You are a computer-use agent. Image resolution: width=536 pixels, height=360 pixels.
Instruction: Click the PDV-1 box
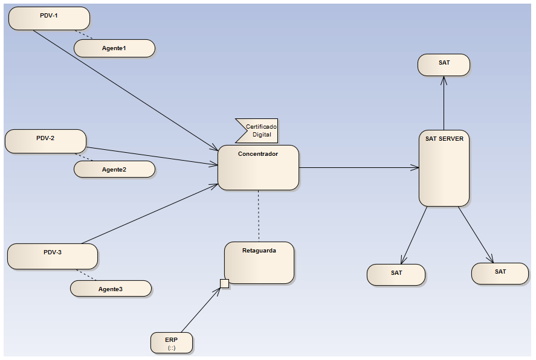click(49, 18)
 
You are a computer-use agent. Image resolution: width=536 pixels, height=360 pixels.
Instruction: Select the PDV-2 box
click(45, 141)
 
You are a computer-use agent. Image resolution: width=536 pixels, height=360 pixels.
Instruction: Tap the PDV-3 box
click(53, 256)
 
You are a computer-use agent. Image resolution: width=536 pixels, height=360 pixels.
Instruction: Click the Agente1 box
click(114, 48)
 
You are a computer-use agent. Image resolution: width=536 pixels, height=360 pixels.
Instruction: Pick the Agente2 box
click(114, 169)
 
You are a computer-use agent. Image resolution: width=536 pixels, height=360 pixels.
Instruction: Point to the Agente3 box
click(111, 289)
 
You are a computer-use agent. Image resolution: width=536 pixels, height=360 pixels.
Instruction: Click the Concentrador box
click(258, 168)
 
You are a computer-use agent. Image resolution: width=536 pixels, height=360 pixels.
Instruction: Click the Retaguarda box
click(259, 263)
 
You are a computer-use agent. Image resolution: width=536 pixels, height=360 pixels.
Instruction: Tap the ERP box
click(172, 342)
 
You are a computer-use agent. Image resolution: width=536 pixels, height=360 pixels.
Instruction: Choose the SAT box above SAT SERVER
click(444, 65)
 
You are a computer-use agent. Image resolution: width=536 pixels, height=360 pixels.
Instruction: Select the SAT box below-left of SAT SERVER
click(396, 275)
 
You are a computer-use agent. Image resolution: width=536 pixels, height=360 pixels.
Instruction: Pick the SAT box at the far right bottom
click(500, 274)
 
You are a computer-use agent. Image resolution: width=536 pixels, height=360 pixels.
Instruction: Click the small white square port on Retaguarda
click(224, 284)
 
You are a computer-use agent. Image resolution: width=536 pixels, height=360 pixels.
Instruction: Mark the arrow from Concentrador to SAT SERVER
click(359, 167)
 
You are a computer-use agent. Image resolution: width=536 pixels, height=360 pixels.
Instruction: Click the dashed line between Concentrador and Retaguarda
click(259, 216)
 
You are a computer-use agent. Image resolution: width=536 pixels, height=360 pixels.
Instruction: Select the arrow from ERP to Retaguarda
click(200, 310)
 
